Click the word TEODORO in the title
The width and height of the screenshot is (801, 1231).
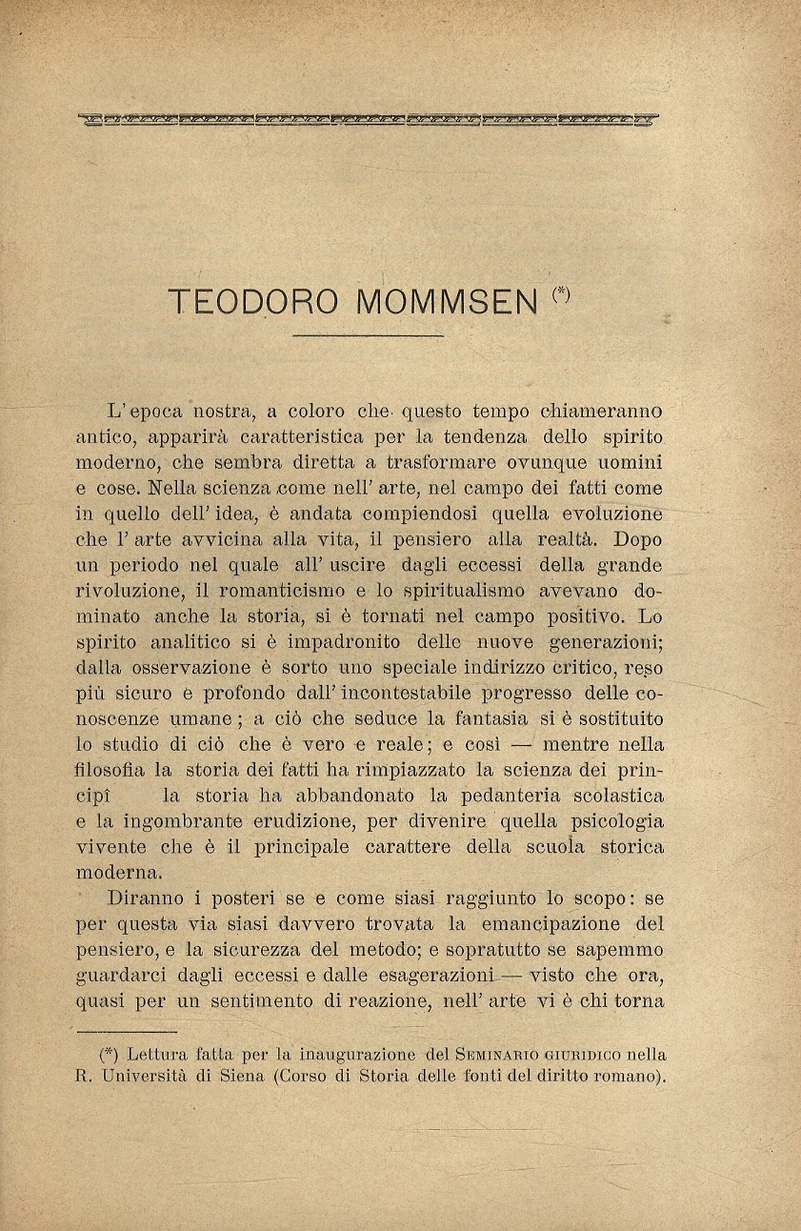tap(252, 302)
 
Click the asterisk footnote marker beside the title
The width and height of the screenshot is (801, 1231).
tap(562, 294)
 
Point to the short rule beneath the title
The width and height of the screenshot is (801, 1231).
tap(369, 335)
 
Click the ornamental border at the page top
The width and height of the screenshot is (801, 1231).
tap(369, 120)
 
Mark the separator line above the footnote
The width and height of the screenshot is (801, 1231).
tap(126, 1031)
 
